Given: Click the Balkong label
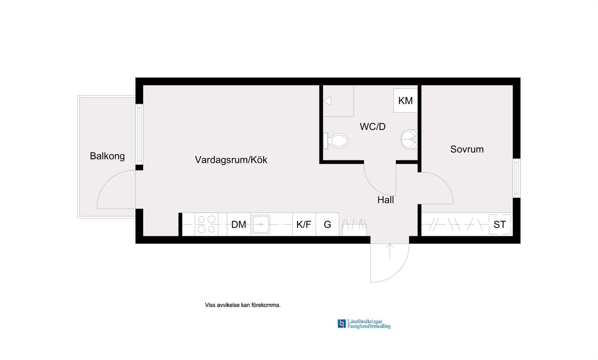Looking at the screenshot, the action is [x=107, y=156].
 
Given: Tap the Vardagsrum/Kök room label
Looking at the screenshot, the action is [x=231, y=160].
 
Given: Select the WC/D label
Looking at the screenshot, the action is [x=372, y=126].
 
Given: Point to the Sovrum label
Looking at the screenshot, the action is [x=467, y=149].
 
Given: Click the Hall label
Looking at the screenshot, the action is [x=386, y=200].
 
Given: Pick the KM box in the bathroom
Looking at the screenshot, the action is [x=406, y=101].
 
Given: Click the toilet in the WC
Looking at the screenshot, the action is [x=336, y=140].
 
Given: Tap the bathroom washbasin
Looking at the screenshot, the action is [x=409, y=140].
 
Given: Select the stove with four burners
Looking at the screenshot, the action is [x=206, y=224].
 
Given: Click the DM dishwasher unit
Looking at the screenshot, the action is [x=239, y=224].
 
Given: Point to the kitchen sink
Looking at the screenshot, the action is [x=261, y=224].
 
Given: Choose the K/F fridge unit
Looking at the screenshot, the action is [x=304, y=224].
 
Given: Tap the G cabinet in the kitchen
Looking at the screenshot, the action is [x=327, y=224].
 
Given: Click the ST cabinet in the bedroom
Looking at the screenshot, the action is [x=500, y=224].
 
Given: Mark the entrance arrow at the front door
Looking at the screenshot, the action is [x=390, y=251].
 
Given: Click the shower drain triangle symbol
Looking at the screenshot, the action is [x=328, y=101].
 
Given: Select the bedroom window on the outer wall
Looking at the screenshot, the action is [x=517, y=178].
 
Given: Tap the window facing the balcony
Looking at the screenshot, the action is [x=139, y=134].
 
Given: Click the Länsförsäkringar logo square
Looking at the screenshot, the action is [x=342, y=324].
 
